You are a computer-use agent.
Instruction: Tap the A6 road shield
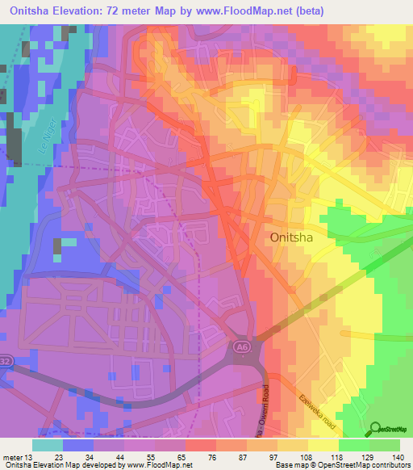coord(240,346)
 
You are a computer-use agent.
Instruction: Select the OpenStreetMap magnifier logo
coord(376,430)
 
